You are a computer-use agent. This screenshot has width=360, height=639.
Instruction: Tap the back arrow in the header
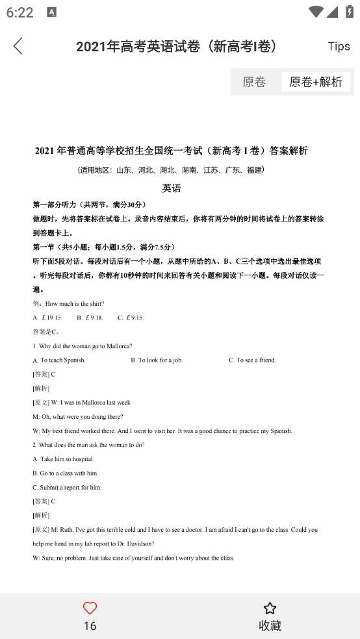18,45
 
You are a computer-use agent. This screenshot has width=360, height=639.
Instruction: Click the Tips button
339,46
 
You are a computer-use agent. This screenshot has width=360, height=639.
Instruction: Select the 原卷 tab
254,82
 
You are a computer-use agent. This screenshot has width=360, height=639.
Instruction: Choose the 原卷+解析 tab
316,82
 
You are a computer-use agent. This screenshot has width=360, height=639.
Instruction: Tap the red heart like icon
90,608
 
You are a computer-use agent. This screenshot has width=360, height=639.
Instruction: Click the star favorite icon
270,608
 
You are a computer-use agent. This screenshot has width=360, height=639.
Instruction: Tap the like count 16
90,625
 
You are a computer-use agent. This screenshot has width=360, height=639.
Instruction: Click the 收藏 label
270,625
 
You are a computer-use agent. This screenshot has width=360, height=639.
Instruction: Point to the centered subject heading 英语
172,188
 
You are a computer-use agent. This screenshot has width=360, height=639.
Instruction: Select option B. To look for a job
157,360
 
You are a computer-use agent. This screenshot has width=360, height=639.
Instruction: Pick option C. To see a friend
252,360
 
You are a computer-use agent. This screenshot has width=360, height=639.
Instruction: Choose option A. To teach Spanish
59,360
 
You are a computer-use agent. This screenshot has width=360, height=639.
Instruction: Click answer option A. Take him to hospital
63,459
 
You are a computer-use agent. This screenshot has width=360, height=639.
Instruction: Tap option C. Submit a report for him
67,488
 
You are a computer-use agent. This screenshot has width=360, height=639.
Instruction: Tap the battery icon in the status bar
348,12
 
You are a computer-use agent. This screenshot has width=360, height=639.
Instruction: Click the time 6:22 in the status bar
19,12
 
